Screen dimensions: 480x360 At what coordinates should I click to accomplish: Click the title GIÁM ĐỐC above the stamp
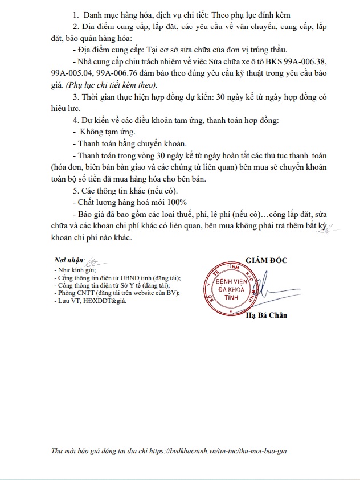pos(267,260)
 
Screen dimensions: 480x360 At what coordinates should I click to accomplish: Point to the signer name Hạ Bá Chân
pos(267,316)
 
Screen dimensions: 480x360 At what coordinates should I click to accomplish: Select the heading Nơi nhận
pos(69,260)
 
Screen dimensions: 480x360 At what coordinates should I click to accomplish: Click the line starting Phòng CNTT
pos(116,293)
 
